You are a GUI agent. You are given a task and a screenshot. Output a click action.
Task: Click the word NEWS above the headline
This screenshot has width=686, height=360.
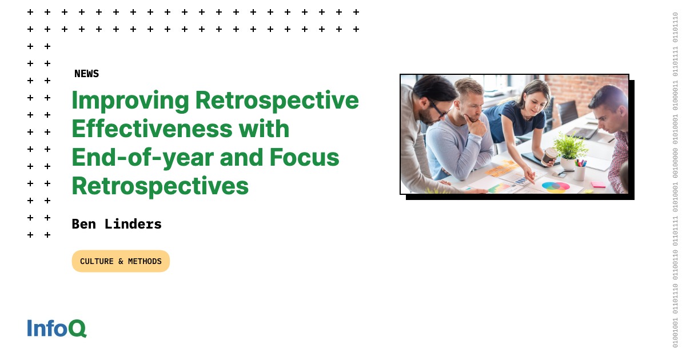tap(86, 74)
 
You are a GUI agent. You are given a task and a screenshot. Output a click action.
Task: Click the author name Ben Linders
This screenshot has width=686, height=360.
tap(117, 224)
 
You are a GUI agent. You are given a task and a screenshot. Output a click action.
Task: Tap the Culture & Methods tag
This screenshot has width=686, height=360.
tap(121, 261)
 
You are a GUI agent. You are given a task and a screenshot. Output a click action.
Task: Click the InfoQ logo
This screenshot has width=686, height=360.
tap(57, 328)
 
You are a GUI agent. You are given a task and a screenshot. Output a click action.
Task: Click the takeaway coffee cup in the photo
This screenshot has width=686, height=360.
tap(549, 156)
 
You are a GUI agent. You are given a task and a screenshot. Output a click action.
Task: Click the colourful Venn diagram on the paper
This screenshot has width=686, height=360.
tap(556, 186)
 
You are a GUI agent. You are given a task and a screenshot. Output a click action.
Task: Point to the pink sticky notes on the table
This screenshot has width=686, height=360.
tap(597, 185)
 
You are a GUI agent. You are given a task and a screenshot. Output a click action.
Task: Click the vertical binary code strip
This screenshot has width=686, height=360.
tap(675, 180)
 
